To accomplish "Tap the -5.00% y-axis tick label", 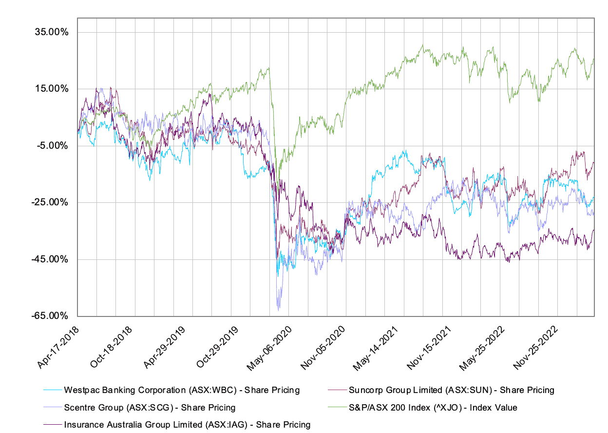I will [52, 146].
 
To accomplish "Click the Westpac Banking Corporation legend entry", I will [181, 390].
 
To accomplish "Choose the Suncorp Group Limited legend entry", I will [451, 390].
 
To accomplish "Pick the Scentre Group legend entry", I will [150, 407].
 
